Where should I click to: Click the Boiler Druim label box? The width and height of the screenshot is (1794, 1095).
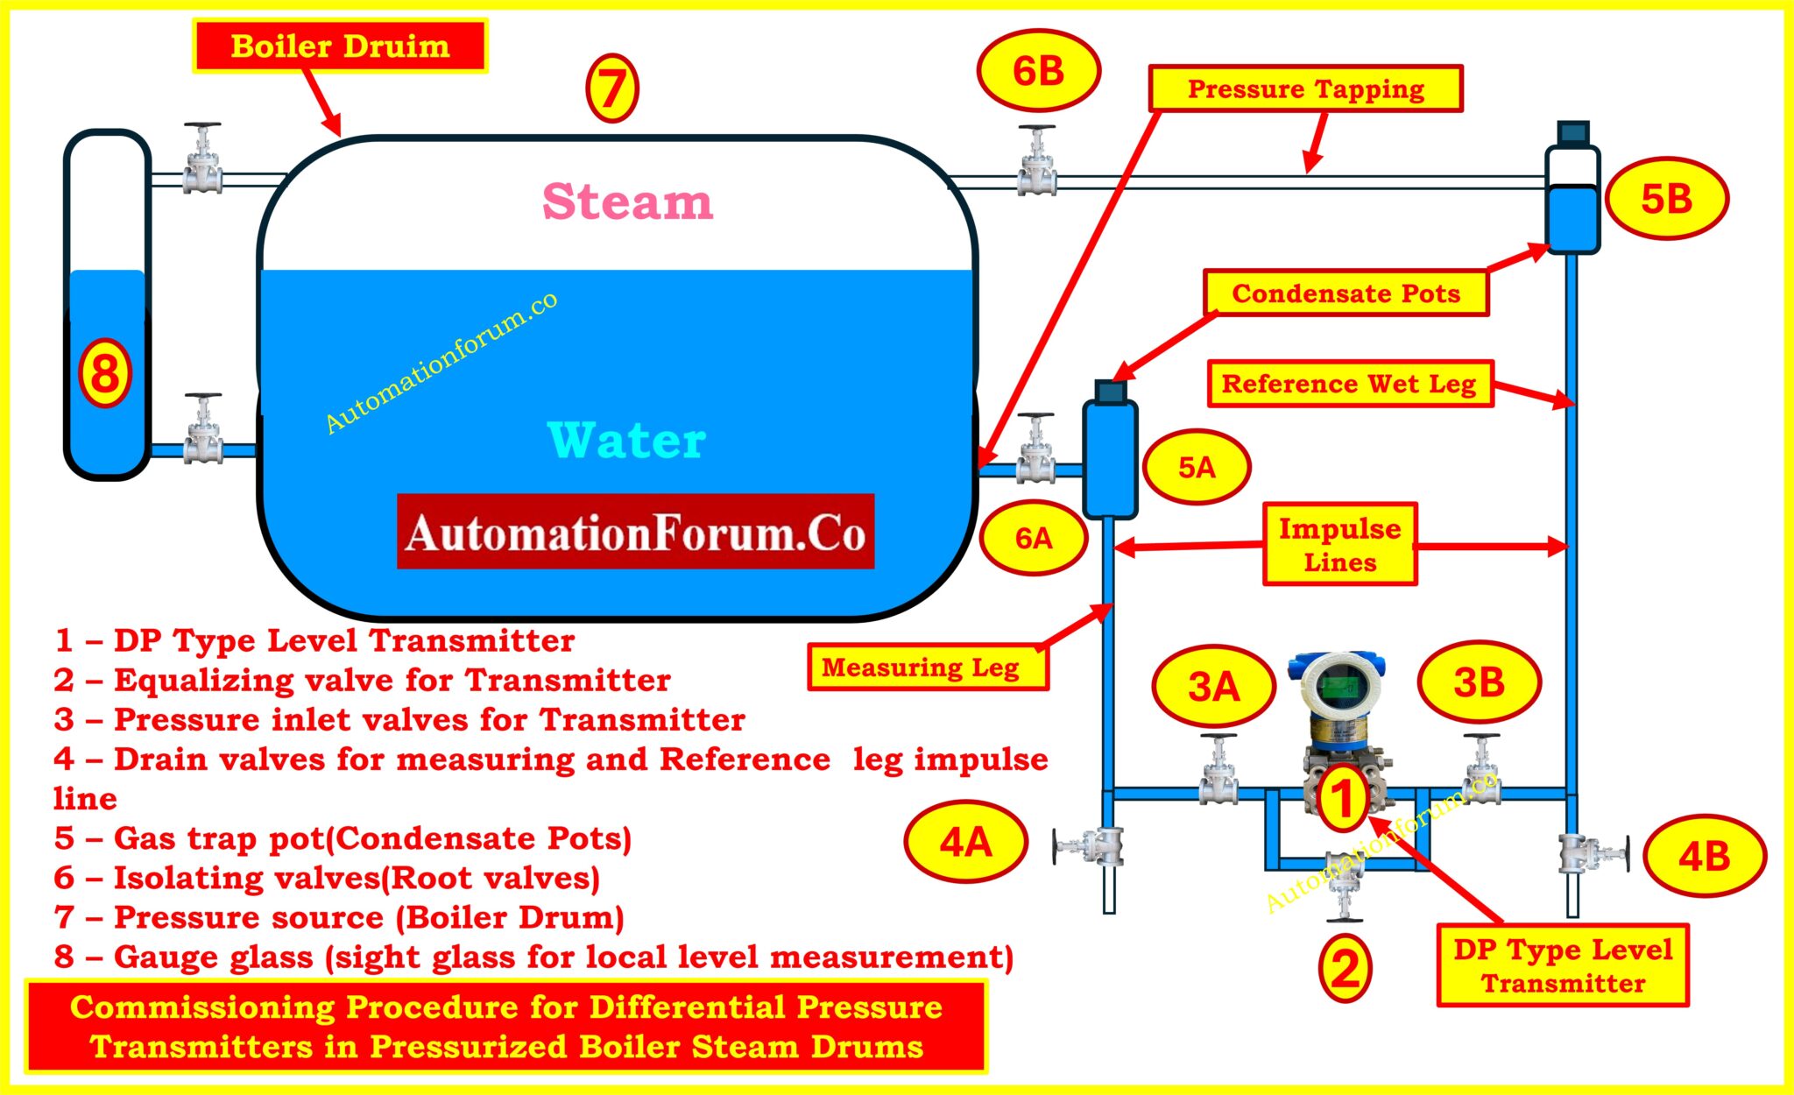(x=340, y=46)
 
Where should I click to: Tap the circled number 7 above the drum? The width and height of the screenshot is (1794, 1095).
(x=611, y=88)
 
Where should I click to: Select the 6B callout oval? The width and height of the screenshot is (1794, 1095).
(x=1038, y=71)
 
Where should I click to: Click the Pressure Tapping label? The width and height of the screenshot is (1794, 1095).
(x=1305, y=88)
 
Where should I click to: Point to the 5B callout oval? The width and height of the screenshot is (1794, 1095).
(x=1666, y=199)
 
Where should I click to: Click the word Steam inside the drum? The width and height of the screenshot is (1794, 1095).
(x=627, y=201)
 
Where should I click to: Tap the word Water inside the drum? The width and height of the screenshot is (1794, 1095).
(x=626, y=440)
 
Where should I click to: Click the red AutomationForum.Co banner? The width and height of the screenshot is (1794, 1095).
(x=635, y=532)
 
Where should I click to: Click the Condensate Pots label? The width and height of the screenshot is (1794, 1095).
(x=1345, y=293)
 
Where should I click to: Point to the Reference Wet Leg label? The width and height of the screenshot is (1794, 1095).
(x=1349, y=384)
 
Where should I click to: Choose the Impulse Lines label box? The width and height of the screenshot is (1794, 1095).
(x=1339, y=544)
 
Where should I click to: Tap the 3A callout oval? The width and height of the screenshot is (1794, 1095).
(x=1213, y=686)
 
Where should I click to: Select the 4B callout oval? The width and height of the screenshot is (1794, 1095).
(x=1704, y=856)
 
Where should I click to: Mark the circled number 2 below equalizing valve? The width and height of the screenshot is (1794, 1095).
(x=1345, y=968)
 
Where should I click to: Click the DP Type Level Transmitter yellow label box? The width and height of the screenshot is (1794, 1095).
(x=1563, y=965)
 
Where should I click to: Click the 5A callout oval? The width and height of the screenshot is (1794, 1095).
(x=1197, y=467)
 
